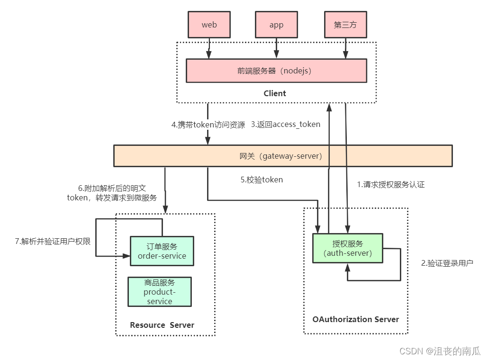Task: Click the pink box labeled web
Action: coord(209,25)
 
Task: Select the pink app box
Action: coord(276,25)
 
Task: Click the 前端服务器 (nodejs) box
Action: coord(276,71)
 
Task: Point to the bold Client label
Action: coord(275,93)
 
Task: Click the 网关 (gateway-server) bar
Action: coord(283,156)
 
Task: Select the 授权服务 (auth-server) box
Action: coord(347,248)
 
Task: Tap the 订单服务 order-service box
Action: coord(162,251)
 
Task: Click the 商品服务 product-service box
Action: coord(160,292)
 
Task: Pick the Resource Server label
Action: coord(162,325)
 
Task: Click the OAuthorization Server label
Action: coord(355,319)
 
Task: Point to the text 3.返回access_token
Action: coord(285,125)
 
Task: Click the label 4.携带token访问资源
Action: coord(208,125)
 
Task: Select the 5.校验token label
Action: coord(262,180)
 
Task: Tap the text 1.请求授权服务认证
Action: coord(390,185)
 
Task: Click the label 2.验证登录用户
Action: coord(447,262)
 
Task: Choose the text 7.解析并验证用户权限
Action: coord(53,241)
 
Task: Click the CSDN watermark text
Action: coord(440,351)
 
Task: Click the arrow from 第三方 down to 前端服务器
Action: coord(345,48)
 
